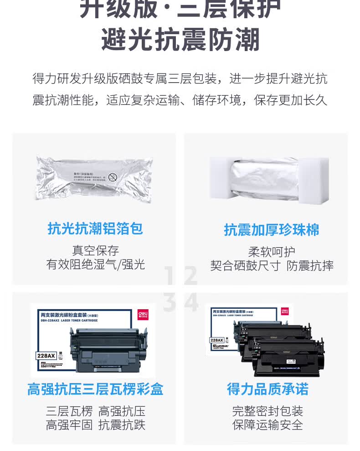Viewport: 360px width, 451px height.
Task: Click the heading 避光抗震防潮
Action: click(x=180, y=40)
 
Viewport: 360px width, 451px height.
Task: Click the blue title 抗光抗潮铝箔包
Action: click(x=95, y=228)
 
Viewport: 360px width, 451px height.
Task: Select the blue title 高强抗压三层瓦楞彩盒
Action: click(x=95, y=389)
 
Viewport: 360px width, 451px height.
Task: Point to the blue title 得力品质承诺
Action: click(x=267, y=389)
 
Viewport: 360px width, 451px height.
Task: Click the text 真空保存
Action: click(x=95, y=250)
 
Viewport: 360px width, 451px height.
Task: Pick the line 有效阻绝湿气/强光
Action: click(x=95, y=264)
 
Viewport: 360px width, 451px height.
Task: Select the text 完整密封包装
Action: click(x=267, y=411)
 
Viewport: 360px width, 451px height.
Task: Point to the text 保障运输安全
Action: click(x=267, y=425)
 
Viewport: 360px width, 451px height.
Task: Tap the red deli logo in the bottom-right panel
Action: click(x=284, y=311)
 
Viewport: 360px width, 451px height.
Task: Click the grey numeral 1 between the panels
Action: click(x=170, y=276)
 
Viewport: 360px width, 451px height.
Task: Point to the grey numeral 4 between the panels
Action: click(x=191, y=302)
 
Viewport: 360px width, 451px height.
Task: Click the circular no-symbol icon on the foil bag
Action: click(x=113, y=176)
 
